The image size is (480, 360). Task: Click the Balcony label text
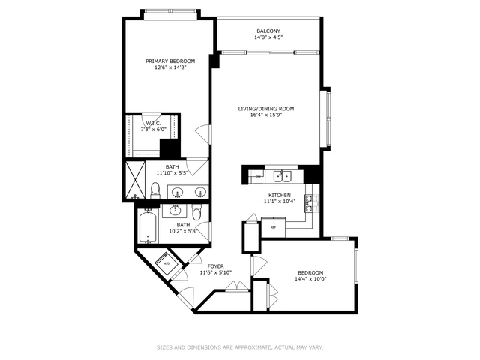click(x=268, y=31)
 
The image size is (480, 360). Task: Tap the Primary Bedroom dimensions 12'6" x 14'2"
click(x=170, y=67)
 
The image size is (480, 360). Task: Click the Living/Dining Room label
click(x=265, y=109)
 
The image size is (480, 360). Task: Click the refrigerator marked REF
click(x=273, y=226)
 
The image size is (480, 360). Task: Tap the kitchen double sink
click(x=283, y=176)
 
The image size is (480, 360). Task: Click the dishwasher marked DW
click(x=258, y=176)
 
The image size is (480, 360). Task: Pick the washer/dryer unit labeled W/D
click(x=166, y=263)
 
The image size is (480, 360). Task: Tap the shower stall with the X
click(x=136, y=180)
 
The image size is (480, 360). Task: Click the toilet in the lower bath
click(x=196, y=214)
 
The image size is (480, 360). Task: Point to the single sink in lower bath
click(x=177, y=211)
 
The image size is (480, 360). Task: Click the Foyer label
click(x=216, y=265)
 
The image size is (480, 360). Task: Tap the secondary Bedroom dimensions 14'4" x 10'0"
click(x=310, y=279)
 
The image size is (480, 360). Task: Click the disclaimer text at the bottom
click(x=239, y=346)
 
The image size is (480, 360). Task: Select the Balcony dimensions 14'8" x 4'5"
click(x=268, y=37)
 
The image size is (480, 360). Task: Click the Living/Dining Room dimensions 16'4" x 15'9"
click(x=265, y=115)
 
